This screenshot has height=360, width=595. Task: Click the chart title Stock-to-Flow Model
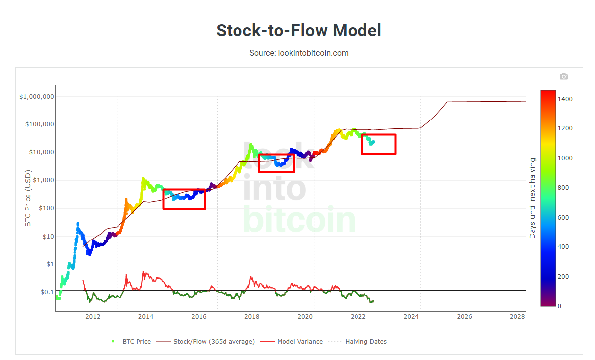pos(298,31)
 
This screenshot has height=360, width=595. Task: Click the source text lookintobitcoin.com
pos(299,53)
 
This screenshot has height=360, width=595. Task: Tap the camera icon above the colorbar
pos(563,76)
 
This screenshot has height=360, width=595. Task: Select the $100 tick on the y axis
pos(44,209)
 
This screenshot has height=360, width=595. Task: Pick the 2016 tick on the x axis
pos(199,316)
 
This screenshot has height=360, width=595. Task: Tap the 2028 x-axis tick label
pos(518,316)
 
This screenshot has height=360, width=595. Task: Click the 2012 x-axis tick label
pos(93,316)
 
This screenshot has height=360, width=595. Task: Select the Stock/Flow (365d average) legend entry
pos(214,342)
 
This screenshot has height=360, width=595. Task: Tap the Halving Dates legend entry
pos(365,342)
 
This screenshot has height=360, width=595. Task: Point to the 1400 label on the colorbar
pos(565,99)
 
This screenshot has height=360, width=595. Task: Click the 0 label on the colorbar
pos(559,306)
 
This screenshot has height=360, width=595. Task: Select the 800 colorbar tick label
pos(563,188)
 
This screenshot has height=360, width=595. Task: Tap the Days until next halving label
pos(532,198)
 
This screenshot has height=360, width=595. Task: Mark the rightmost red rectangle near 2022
pos(378,144)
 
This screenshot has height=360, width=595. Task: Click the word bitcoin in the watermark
pos(300,219)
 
